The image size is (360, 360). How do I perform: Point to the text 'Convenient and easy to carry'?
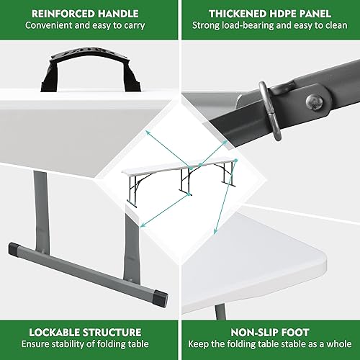(85, 26)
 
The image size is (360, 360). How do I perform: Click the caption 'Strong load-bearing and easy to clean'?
(269, 26)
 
